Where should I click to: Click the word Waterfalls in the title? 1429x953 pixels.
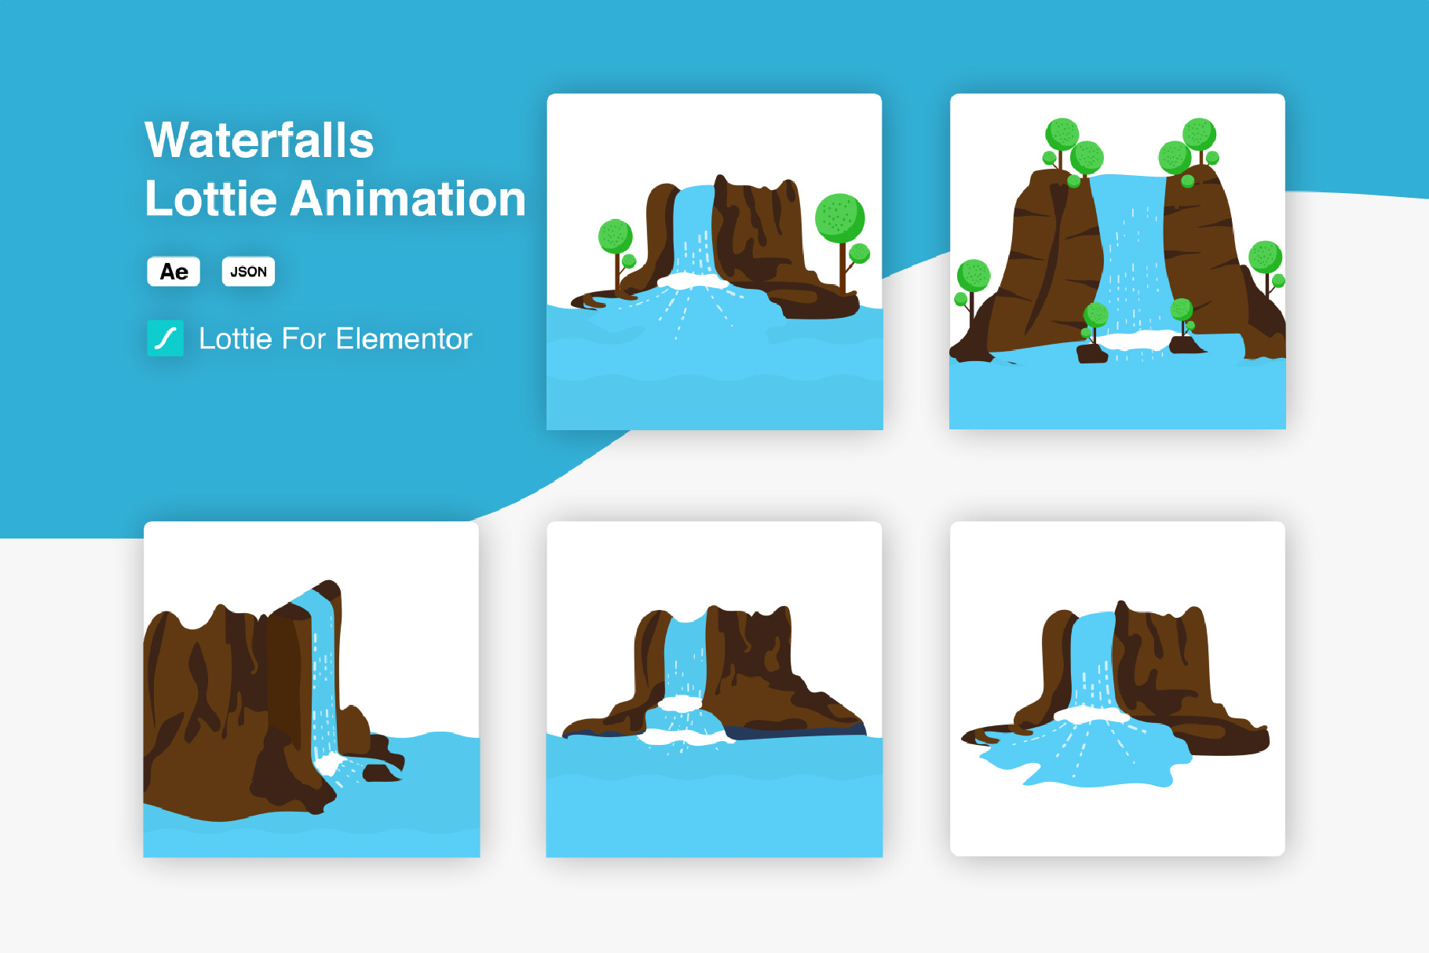click(x=259, y=141)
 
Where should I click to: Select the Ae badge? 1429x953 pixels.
click(x=174, y=272)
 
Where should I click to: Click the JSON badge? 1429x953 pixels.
click(x=248, y=272)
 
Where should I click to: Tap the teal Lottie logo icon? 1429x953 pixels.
click(x=165, y=338)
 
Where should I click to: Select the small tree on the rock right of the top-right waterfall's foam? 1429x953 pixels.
click(x=1182, y=318)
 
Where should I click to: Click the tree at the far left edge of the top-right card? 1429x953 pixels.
click(x=971, y=287)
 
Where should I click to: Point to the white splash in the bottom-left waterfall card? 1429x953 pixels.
click(x=330, y=763)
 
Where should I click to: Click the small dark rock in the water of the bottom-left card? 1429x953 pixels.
click(x=382, y=773)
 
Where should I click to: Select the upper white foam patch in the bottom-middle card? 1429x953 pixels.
click(x=680, y=703)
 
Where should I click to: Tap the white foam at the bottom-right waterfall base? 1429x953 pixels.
click(x=1091, y=714)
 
